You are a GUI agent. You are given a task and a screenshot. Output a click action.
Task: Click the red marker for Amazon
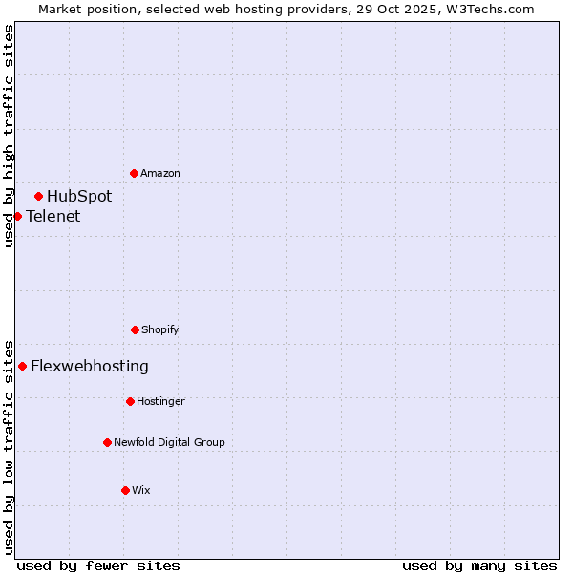tap(134, 173)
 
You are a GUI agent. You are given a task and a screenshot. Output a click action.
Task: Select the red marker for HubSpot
tap(39, 197)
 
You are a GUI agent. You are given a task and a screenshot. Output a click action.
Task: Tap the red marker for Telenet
tap(17, 216)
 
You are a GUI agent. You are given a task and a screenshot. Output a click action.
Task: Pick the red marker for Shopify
tap(135, 329)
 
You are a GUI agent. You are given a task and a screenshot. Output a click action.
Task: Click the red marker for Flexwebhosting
tap(22, 366)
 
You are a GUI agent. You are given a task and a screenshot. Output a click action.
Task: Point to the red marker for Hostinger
tap(130, 401)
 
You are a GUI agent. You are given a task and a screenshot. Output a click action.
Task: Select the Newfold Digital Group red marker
tap(107, 442)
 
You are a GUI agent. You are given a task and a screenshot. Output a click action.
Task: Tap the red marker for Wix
tap(125, 490)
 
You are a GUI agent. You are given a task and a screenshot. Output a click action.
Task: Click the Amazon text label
tap(160, 173)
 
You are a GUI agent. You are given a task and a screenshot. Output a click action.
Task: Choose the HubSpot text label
tap(79, 197)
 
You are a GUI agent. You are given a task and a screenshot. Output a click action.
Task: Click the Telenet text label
tap(53, 216)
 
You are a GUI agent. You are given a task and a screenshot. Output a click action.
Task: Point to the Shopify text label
tap(160, 329)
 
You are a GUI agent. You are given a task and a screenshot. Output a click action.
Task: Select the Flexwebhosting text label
tap(90, 366)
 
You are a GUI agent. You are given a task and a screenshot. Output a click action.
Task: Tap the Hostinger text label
tap(160, 401)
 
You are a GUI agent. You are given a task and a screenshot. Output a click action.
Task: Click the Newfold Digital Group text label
tap(169, 442)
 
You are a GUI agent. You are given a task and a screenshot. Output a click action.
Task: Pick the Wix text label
tap(141, 490)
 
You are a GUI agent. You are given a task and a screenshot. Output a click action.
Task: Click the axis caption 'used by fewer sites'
tap(98, 565)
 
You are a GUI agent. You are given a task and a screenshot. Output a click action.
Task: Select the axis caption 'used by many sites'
tap(479, 565)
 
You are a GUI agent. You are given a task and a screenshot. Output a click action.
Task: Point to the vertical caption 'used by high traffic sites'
tap(9, 136)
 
